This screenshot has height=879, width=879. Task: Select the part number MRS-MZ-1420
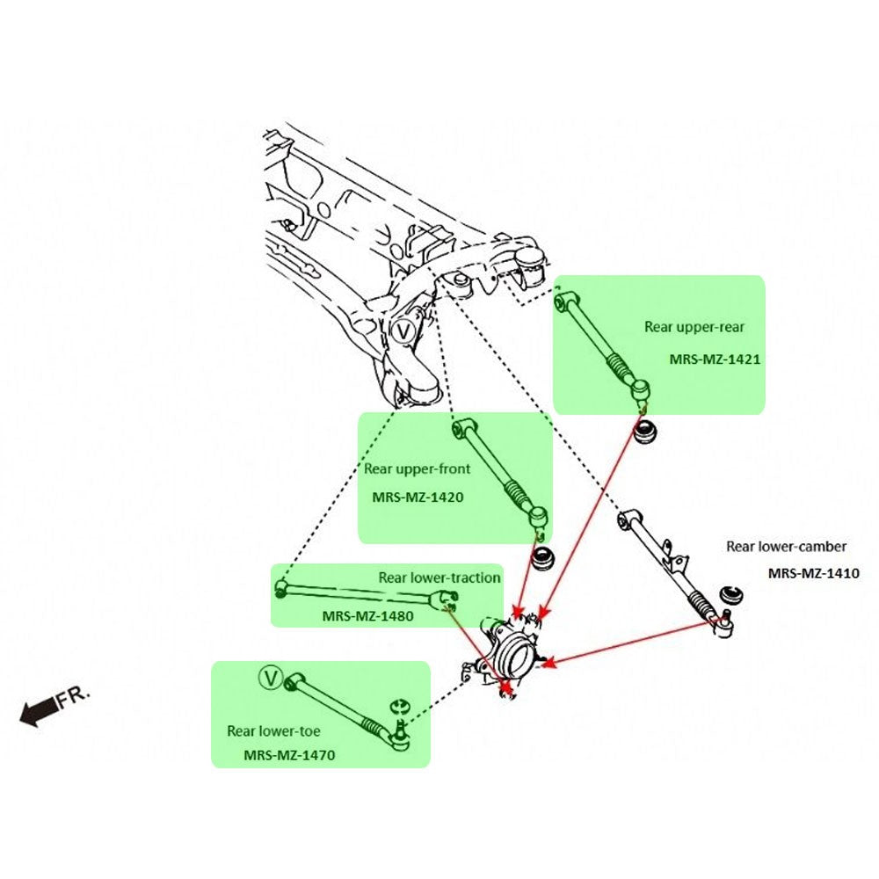(418, 497)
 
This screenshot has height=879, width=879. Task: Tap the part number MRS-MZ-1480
(367, 615)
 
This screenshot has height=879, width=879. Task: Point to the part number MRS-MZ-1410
(813, 573)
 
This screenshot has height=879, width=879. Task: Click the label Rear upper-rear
(694, 327)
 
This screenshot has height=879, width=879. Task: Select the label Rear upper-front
(418, 469)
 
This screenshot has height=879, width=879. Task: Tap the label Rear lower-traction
(439, 578)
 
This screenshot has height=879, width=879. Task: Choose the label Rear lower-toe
(273, 730)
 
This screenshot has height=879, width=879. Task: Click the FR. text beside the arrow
(74, 698)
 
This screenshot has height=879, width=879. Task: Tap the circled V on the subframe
(403, 331)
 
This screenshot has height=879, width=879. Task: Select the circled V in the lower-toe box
(271, 678)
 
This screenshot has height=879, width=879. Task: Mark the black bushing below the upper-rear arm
(647, 432)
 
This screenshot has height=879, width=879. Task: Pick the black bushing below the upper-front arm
(546, 559)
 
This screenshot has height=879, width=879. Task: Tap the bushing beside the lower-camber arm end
(730, 594)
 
